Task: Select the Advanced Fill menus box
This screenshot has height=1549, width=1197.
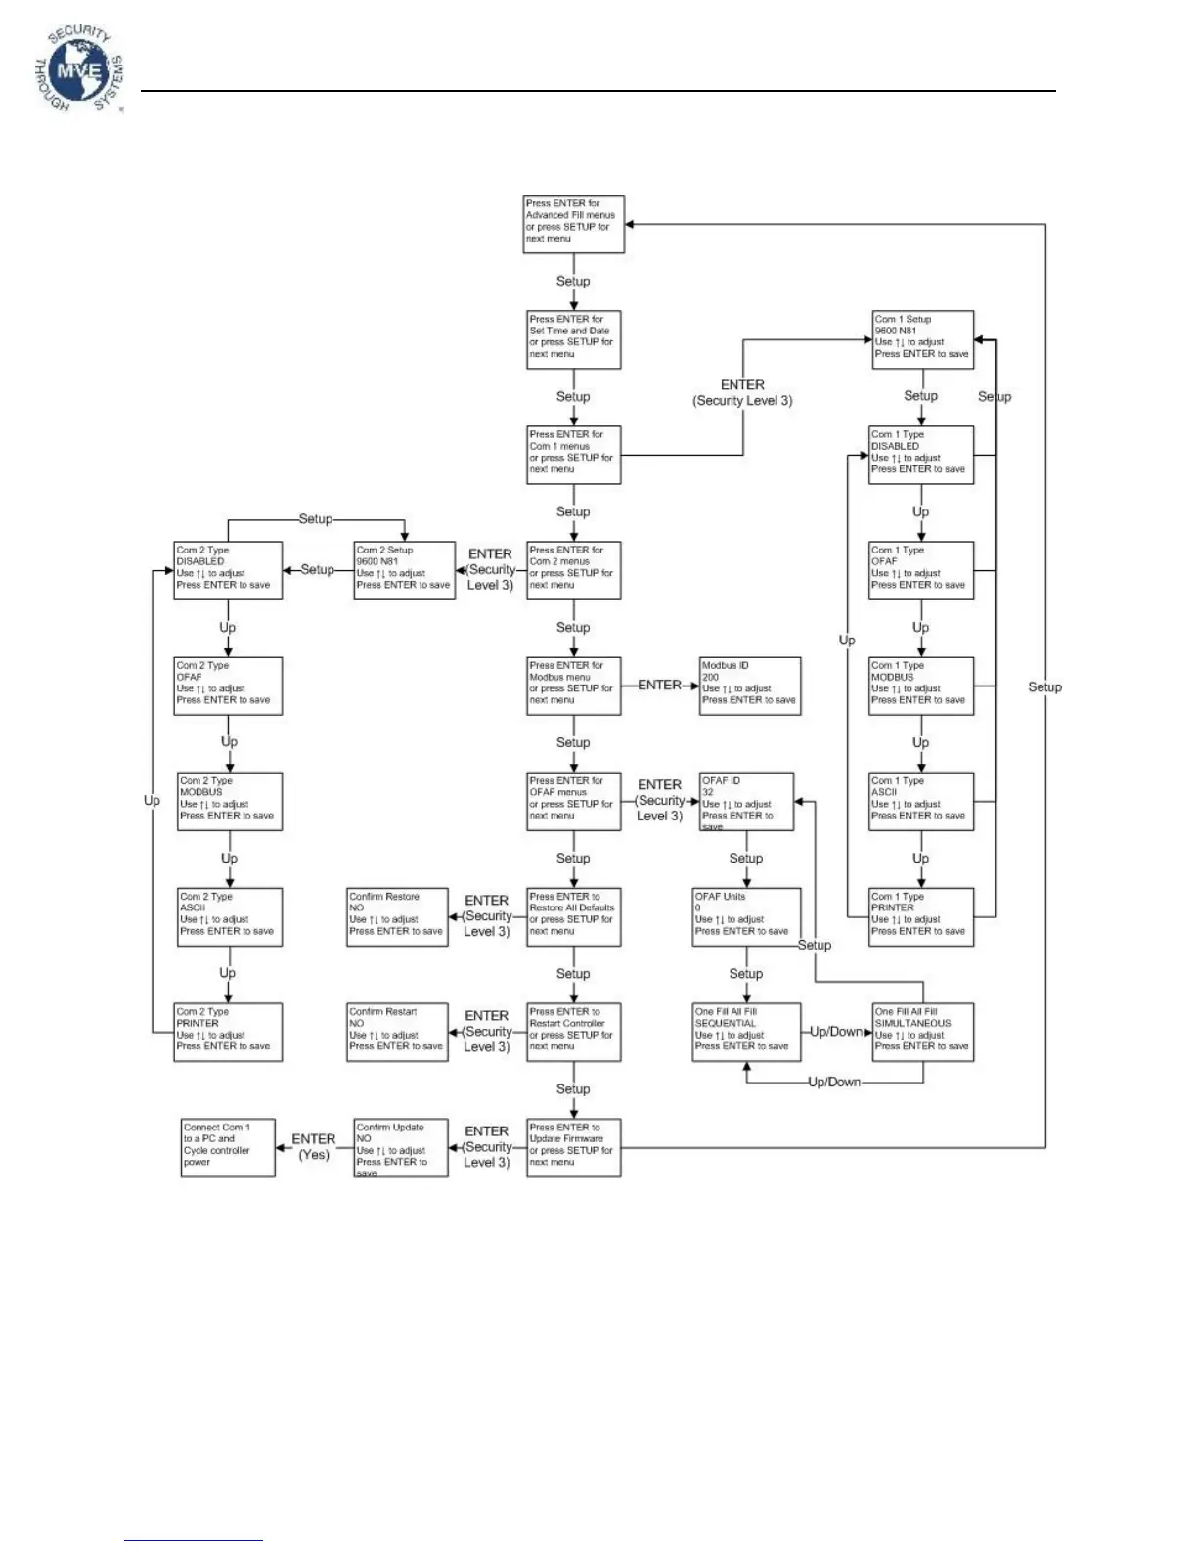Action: [574, 224]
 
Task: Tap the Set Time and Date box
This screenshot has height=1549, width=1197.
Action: [574, 339]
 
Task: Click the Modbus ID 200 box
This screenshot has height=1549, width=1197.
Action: [750, 686]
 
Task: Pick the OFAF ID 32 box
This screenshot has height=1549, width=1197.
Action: [746, 802]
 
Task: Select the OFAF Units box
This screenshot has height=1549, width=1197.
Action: [746, 916]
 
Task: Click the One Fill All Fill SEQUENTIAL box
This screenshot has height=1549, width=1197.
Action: [746, 1032]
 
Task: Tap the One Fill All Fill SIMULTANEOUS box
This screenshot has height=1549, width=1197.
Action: [923, 1032]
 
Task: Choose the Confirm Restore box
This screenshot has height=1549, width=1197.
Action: [397, 916]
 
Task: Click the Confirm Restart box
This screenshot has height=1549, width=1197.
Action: [397, 1032]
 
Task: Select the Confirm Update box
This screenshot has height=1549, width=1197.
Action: [401, 1148]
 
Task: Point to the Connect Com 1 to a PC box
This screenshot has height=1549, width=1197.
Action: [228, 1148]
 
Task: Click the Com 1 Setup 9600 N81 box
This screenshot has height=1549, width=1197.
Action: [923, 339]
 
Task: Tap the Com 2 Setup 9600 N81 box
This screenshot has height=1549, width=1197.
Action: [405, 570]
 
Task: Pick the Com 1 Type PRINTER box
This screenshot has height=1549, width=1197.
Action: [921, 916]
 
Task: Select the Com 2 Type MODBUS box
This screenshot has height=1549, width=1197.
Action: [230, 802]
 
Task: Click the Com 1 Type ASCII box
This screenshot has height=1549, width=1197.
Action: [921, 802]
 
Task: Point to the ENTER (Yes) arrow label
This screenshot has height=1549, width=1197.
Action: [314, 1147]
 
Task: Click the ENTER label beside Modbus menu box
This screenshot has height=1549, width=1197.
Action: [659, 686]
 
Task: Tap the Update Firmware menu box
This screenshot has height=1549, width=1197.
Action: [574, 1148]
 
